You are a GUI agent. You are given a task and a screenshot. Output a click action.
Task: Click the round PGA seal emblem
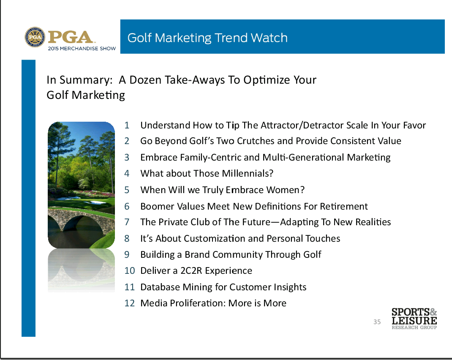coord(35,37)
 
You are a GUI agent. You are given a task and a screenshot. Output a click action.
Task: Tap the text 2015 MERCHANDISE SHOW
coord(82,49)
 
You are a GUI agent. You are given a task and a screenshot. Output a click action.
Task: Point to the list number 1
coord(127,125)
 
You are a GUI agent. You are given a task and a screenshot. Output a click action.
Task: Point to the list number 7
coord(127,222)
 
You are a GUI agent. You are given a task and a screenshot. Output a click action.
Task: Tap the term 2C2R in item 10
coord(191,271)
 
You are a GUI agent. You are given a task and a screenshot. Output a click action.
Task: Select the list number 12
coord(129,303)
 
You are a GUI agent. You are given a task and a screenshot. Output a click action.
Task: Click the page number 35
coord(377,322)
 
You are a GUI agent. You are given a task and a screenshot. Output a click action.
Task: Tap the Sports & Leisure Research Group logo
coord(414,319)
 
